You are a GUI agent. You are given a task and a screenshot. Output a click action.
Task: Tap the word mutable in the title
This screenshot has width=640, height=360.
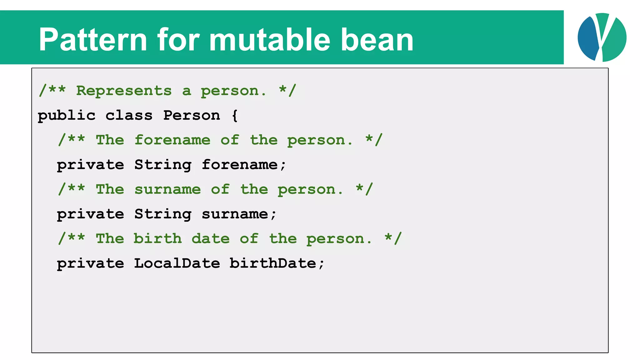(x=269, y=40)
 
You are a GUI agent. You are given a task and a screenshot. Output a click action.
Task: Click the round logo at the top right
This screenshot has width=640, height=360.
(x=602, y=37)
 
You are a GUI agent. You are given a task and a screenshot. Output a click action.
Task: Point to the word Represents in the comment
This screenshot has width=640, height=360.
(x=124, y=91)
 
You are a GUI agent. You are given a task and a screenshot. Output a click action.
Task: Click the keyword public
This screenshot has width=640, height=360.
(x=67, y=116)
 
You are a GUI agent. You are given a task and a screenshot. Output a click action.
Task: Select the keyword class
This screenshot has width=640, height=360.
(x=129, y=116)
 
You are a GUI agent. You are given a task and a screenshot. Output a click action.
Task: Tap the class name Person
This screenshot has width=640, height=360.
(x=192, y=116)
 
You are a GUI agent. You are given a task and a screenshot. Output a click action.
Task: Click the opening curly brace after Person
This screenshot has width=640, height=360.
(x=235, y=116)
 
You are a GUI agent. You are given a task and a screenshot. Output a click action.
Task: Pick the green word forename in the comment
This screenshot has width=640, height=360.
(x=172, y=140)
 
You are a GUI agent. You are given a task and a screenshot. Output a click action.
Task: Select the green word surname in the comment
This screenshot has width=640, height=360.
(x=167, y=189)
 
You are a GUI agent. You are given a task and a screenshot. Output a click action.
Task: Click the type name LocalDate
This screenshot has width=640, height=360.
(x=177, y=263)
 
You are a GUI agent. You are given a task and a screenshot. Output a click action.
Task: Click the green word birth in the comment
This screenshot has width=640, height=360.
(x=158, y=239)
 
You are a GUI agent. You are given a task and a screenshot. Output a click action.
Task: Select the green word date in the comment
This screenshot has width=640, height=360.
(x=211, y=239)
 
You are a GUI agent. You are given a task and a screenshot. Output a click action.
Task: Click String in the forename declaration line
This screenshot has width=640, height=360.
(x=163, y=165)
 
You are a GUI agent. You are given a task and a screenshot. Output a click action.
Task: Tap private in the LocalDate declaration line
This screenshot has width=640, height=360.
(x=91, y=263)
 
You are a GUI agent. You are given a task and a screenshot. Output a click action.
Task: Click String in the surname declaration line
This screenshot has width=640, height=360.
(x=163, y=214)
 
